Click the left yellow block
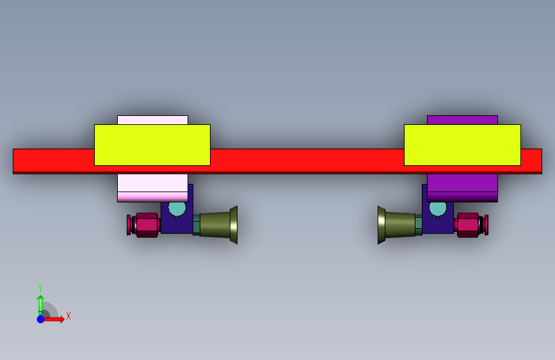[152, 145]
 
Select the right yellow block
[462, 145]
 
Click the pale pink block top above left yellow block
[152, 120]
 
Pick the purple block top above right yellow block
[462, 120]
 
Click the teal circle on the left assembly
[177, 209]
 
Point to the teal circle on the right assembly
[438, 209]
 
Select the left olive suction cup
[218, 225]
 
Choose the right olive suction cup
[396, 225]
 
